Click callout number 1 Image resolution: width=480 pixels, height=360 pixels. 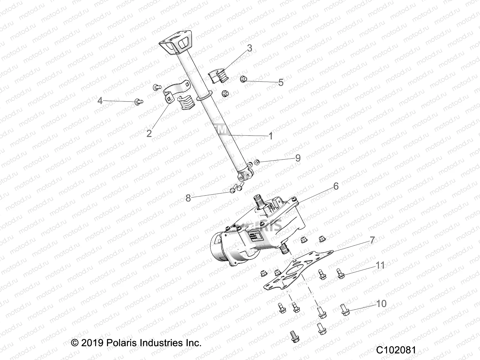tap(271, 136)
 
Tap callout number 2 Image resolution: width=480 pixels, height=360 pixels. tap(149, 133)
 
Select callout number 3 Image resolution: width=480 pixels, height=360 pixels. tap(249, 48)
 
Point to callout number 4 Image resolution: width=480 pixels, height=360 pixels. tap(100, 101)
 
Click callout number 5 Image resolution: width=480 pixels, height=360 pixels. tap(281, 82)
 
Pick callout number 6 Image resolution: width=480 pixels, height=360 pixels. tap(336, 186)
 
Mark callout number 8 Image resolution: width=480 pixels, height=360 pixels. tap(188, 198)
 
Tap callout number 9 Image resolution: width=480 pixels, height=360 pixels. tap(298, 158)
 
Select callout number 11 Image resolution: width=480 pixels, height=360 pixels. tap(380, 265)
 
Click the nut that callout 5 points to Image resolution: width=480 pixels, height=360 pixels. tap(243, 79)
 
